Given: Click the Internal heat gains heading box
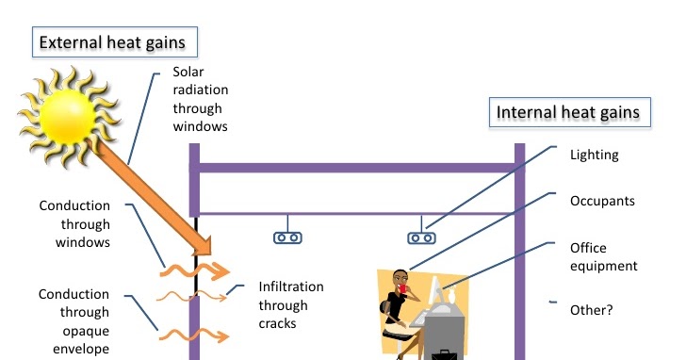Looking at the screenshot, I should pos(568,113).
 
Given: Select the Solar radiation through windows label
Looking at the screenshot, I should pos(200,98).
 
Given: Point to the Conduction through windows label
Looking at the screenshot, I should pos(74,223).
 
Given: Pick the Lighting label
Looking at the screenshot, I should pos(595,155).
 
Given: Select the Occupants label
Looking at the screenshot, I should pos(603,201).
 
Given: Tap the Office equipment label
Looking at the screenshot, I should pos(603,256).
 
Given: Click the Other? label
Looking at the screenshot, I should pos(592,308).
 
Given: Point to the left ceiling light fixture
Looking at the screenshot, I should pos(288,237).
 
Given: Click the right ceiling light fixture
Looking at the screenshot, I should pos(420,237).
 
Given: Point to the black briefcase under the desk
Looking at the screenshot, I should pos(441,355).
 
